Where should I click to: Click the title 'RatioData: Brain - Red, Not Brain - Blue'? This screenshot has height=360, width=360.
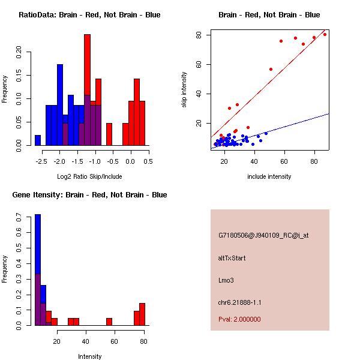(89, 15)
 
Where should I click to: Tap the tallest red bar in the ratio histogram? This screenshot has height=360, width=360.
(87, 90)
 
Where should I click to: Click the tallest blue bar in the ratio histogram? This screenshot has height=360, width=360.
(60, 104)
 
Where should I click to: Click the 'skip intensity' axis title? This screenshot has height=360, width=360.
(184, 90)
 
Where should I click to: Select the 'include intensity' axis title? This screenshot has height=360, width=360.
(269, 176)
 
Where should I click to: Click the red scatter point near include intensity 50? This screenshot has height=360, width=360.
(271, 69)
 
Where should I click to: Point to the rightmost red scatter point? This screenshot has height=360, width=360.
(325, 34)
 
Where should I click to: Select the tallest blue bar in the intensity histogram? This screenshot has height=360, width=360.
(38, 270)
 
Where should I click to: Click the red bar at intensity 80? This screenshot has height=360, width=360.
(142, 314)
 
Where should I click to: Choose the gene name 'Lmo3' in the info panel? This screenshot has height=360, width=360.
(226, 280)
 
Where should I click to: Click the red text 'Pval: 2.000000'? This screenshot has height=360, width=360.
(239, 319)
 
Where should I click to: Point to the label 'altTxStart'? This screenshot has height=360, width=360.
(232, 258)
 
